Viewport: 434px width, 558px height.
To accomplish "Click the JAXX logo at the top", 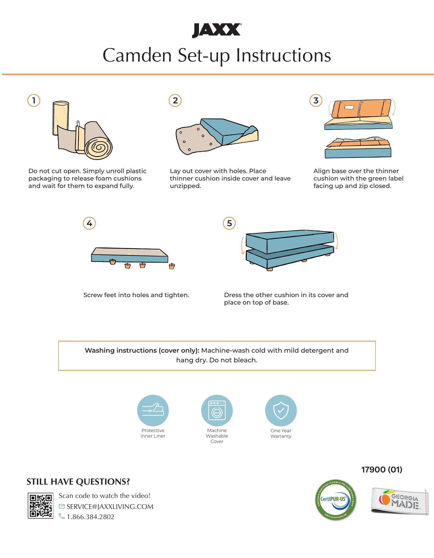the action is click(216, 31).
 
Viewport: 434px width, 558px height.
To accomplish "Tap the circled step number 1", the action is click(34, 100).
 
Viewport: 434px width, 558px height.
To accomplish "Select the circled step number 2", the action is click(175, 100).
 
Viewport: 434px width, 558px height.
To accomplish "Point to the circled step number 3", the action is click(316, 100).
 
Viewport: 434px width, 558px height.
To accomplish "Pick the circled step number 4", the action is click(89, 223).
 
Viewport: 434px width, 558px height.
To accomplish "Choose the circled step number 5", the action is click(229, 223).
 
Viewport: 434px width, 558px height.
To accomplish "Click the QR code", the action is click(40, 506).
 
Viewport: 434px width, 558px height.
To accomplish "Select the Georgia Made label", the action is click(400, 501).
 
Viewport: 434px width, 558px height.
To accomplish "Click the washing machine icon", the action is click(217, 411).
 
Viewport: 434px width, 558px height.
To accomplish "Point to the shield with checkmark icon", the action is click(281, 411).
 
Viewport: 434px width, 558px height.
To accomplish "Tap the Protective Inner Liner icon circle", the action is click(153, 411).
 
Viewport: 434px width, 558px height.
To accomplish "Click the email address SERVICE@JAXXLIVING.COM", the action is click(110, 507).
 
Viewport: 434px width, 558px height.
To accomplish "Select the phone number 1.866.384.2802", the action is click(91, 517).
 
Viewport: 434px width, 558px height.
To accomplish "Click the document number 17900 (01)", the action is click(382, 469).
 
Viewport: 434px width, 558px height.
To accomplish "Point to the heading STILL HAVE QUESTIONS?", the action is click(78, 482).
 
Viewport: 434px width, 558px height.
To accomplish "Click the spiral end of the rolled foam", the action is click(99, 148).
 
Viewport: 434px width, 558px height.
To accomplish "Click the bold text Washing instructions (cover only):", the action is click(142, 350).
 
